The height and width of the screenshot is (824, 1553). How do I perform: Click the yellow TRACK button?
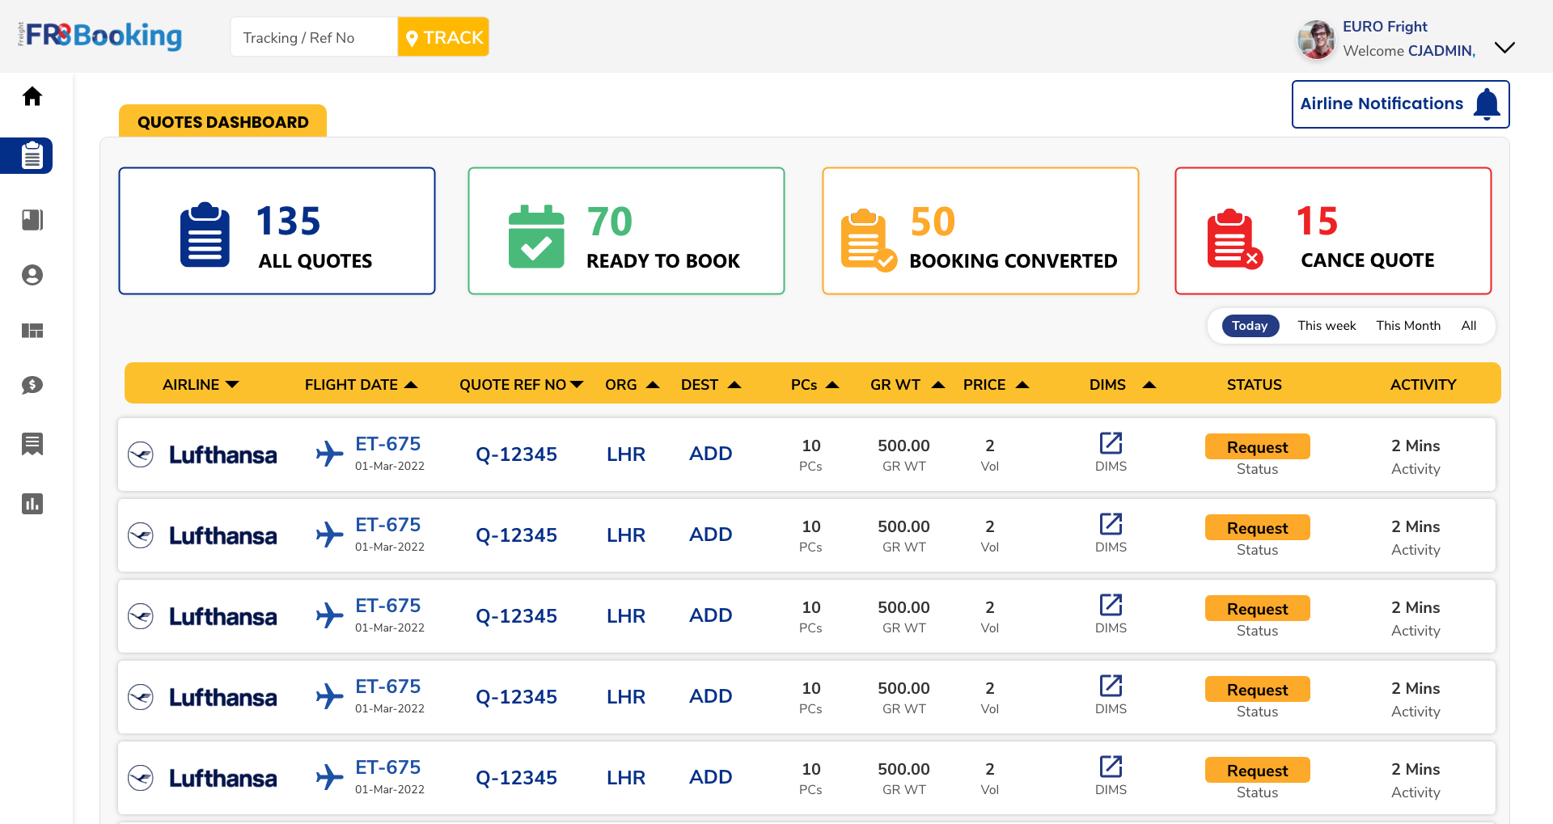click(x=443, y=37)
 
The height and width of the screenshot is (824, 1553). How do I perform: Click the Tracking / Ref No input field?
click(x=314, y=37)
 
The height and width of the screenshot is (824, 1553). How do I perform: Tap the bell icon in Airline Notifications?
click(x=1487, y=104)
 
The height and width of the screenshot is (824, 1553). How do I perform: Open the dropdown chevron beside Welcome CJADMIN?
click(x=1504, y=47)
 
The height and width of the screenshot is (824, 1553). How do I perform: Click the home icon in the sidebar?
click(x=32, y=96)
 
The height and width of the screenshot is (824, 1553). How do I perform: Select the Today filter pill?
click(x=1250, y=326)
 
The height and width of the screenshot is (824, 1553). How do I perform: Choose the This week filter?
click(x=1327, y=326)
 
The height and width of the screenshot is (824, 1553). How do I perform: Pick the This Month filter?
click(x=1408, y=326)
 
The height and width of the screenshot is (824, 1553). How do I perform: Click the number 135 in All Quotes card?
click(x=288, y=221)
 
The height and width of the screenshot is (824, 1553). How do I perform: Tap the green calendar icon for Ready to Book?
click(x=536, y=236)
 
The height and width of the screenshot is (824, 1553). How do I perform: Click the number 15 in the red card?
click(x=1317, y=221)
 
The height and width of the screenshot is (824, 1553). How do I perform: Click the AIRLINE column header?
click(x=191, y=385)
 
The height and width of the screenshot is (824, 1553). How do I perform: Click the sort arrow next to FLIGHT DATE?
click(x=411, y=385)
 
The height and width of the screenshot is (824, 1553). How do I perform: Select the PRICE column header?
click(x=984, y=385)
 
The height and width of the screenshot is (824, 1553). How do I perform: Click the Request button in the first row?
click(x=1257, y=447)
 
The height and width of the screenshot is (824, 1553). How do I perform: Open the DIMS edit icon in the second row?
click(x=1111, y=524)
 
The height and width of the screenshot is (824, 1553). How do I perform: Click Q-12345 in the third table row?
click(x=516, y=616)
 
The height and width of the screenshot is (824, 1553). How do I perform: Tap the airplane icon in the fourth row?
click(x=329, y=696)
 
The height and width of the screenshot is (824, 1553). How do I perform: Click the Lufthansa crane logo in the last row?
click(x=141, y=778)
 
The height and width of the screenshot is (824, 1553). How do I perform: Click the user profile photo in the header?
click(x=1316, y=40)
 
